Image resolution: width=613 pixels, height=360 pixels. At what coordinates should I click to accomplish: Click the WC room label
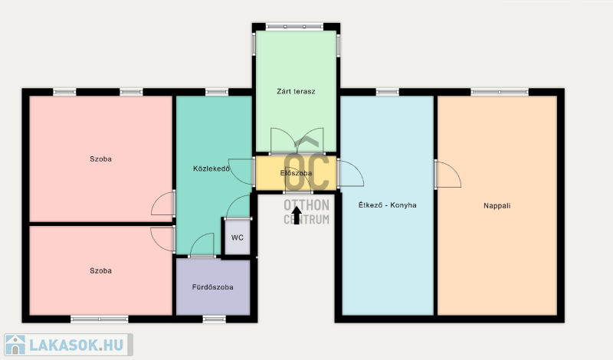[238, 237]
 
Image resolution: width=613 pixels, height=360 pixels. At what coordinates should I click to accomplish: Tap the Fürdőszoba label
[213, 287]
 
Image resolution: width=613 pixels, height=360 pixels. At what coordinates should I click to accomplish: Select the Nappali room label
[497, 206]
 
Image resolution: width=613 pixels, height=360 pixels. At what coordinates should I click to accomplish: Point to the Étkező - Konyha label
[388, 205]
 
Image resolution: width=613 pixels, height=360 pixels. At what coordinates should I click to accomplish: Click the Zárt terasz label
[296, 91]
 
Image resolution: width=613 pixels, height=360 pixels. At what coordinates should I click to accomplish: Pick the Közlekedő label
[211, 169]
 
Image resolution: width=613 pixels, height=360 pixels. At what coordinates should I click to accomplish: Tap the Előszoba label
[296, 173]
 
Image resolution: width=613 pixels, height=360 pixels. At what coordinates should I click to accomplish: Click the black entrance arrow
[297, 215]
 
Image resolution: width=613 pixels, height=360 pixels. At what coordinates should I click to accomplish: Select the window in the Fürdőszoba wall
[215, 319]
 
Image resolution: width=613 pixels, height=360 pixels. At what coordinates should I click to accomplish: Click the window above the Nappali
[500, 92]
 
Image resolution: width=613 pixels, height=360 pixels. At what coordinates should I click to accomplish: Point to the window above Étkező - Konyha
[388, 92]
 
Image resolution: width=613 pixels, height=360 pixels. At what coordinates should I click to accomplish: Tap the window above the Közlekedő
[217, 92]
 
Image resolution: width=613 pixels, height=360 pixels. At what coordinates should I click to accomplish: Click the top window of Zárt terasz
[295, 27]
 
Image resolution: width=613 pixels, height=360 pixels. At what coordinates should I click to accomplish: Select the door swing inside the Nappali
[449, 175]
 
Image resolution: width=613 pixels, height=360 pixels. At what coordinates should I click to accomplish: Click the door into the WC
[238, 207]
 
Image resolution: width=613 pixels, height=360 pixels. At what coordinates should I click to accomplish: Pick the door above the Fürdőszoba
[202, 245]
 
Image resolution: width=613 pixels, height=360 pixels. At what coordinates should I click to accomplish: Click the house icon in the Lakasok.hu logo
[15, 345]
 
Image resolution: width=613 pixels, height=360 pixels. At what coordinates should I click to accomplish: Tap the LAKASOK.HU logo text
[77, 345]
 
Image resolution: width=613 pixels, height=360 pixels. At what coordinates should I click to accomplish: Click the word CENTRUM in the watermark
[306, 220]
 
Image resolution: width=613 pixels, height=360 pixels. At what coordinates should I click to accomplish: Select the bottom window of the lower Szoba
[100, 319]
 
